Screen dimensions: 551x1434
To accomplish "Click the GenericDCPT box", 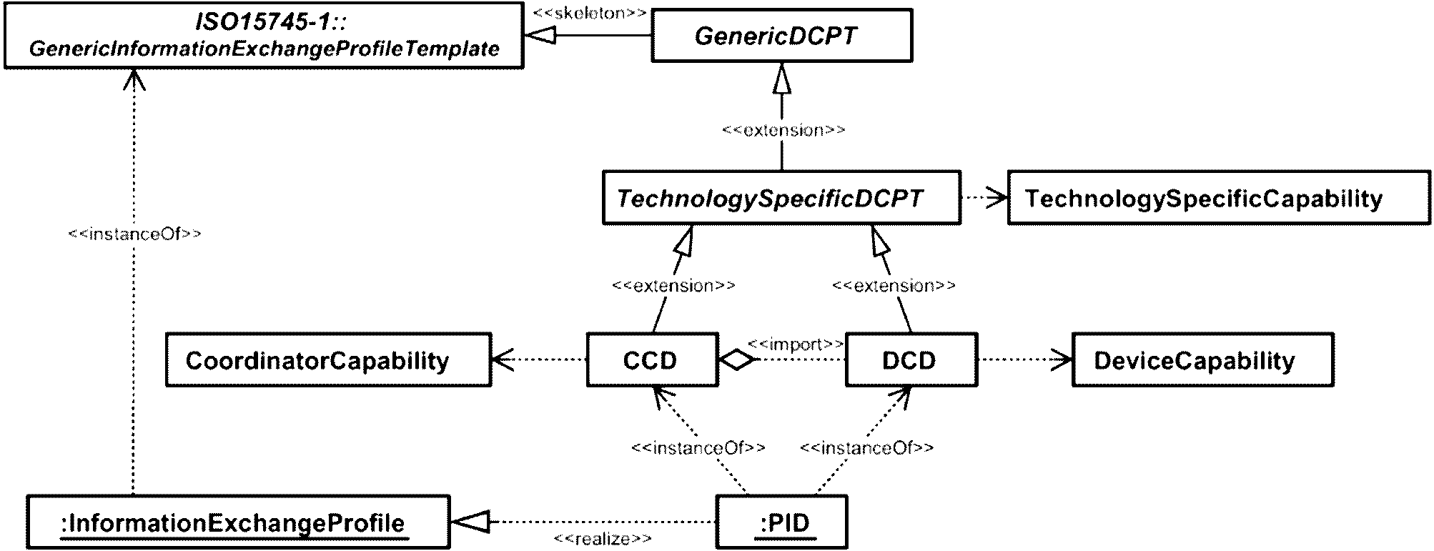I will coord(781,36).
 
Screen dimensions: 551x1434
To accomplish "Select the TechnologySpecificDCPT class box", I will coord(781,198).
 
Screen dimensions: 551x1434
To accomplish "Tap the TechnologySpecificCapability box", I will coord(1218,198).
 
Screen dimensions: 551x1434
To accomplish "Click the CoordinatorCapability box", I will coord(328,360).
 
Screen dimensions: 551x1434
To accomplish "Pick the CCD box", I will coord(651,360).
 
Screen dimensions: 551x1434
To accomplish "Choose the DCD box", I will coord(911,360).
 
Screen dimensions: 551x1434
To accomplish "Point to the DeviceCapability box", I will coord(1202,360).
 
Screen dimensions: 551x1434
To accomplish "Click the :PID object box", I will coord(781,523).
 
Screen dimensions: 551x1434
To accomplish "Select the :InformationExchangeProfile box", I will coord(238,523).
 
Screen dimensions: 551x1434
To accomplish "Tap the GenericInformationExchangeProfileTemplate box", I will coord(263,36).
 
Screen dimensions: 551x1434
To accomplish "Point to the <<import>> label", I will coord(795,344).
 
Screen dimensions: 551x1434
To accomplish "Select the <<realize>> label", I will coord(602,539).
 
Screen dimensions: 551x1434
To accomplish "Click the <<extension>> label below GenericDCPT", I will coord(783,130).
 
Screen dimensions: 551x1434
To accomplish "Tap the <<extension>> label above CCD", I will coord(673,285).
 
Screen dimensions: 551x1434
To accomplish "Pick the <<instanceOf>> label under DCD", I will coord(866,448).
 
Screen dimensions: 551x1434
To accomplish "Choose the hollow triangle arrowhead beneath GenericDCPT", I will coord(783,78).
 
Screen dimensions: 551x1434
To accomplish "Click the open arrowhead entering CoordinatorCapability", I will coord(503,359).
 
